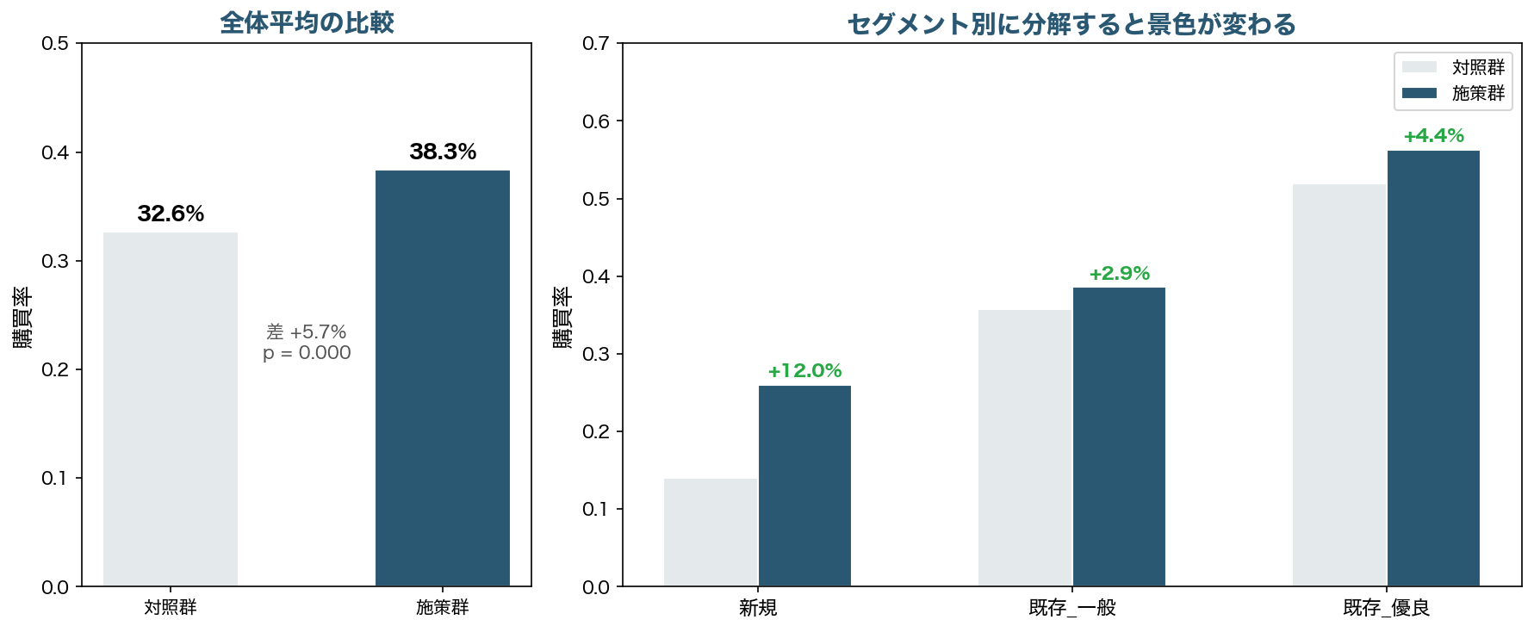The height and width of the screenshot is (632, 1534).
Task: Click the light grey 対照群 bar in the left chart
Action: tap(171, 409)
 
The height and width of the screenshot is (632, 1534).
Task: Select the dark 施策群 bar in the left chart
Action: tap(442, 378)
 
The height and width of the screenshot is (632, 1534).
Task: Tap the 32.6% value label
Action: tap(171, 214)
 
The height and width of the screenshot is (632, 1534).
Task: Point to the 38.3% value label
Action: tap(443, 152)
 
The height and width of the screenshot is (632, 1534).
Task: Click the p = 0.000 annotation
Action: tap(307, 353)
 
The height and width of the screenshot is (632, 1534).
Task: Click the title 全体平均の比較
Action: tap(307, 22)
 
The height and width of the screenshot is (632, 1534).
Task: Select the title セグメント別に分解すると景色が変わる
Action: tap(1071, 24)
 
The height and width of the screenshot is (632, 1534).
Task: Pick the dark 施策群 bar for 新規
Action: tap(804, 486)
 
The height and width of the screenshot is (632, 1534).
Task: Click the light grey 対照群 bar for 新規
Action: tap(711, 532)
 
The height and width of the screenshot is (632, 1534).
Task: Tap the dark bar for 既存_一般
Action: tap(1119, 437)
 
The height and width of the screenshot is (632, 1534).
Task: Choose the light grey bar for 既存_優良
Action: tap(1338, 385)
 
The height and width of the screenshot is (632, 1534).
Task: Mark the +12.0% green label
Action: tap(804, 371)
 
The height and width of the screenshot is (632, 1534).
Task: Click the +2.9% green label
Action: tap(1119, 274)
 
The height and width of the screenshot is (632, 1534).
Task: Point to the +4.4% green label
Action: tap(1433, 136)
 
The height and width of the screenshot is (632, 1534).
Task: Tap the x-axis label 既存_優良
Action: tap(1386, 608)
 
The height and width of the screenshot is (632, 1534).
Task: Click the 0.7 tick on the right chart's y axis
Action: tap(596, 43)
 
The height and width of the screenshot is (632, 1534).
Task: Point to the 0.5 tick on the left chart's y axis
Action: tap(55, 43)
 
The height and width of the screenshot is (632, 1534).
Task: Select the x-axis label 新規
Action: tap(758, 608)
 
